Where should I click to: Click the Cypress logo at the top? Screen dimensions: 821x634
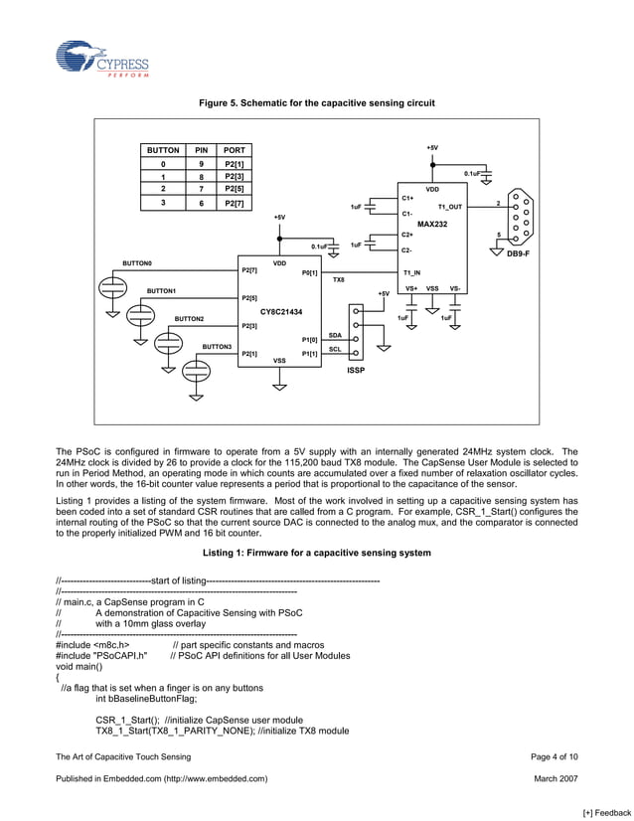coord(102,60)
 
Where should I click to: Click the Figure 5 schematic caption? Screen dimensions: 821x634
coord(316,103)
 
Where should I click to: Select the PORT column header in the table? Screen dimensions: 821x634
coord(235,150)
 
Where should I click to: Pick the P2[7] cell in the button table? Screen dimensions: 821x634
coord(235,203)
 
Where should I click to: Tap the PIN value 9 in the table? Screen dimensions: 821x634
coord(201,163)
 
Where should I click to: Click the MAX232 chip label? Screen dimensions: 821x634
coord(432,225)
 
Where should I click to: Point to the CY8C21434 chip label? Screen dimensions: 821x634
coord(274,311)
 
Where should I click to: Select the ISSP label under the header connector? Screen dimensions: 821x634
coord(356,370)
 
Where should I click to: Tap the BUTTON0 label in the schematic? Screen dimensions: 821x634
coord(137,263)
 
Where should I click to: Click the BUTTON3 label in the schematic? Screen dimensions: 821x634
coord(217,346)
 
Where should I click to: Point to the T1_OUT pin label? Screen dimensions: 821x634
coord(449,207)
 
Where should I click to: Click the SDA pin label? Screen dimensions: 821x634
coord(335,335)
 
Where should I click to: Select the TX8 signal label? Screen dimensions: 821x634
coord(338,280)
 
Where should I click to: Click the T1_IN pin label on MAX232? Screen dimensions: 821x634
coord(411,271)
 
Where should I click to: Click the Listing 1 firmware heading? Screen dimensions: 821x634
coord(316,552)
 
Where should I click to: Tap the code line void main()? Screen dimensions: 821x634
coord(79,667)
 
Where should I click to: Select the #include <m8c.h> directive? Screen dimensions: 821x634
coord(92,644)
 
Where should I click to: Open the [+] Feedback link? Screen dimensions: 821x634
coord(605,812)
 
